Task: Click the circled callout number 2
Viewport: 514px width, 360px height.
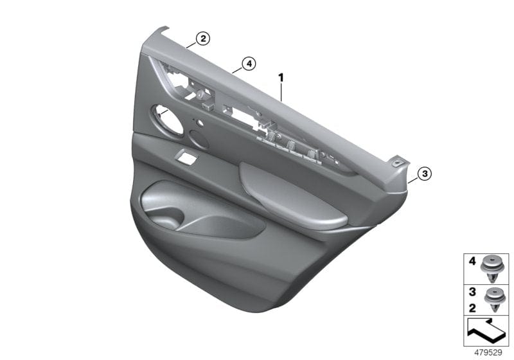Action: click(202, 39)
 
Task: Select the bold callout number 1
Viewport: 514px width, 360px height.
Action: click(280, 78)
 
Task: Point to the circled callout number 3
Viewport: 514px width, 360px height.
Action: click(423, 173)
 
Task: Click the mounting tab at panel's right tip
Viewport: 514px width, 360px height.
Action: click(402, 164)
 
